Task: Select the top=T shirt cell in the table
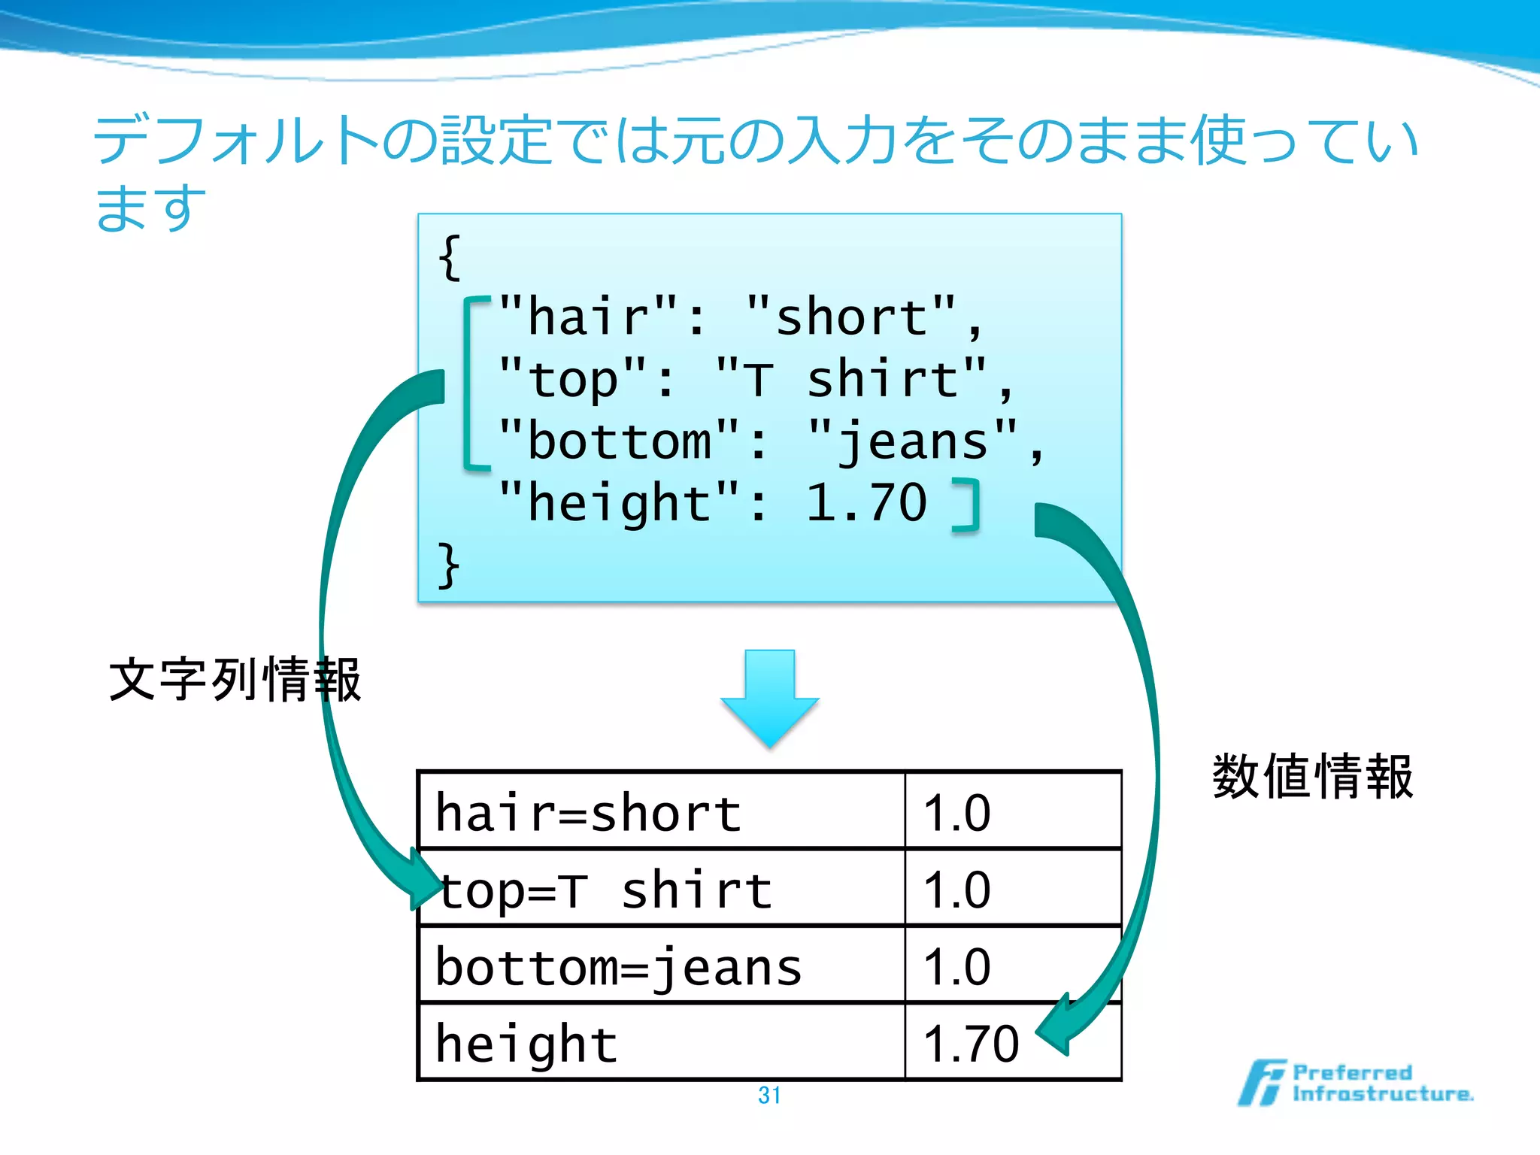point(605,890)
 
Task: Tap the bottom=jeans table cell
point(618,967)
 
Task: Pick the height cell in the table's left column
point(526,1044)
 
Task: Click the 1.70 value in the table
point(970,1044)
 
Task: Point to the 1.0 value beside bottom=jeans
point(956,967)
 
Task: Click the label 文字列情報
point(235,680)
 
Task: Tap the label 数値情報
point(1312,776)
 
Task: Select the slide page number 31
point(769,1096)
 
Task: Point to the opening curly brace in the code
point(450,258)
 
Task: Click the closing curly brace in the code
point(449,565)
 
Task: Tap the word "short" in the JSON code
point(852,317)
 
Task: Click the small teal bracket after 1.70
point(967,505)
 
